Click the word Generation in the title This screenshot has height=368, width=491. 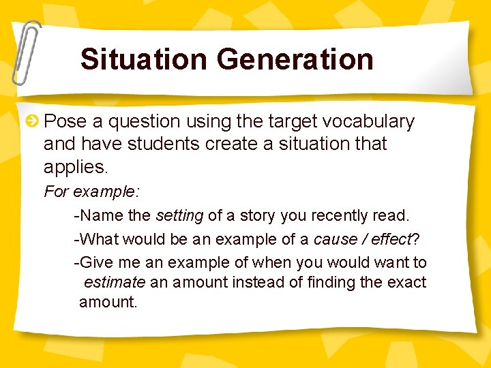[x=295, y=59]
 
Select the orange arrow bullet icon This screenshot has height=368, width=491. [x=31, y=122]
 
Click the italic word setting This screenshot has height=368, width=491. [x=179, y=216]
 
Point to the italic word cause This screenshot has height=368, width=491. [x=333, y=239]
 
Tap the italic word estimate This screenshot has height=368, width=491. [x=114, y=282]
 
